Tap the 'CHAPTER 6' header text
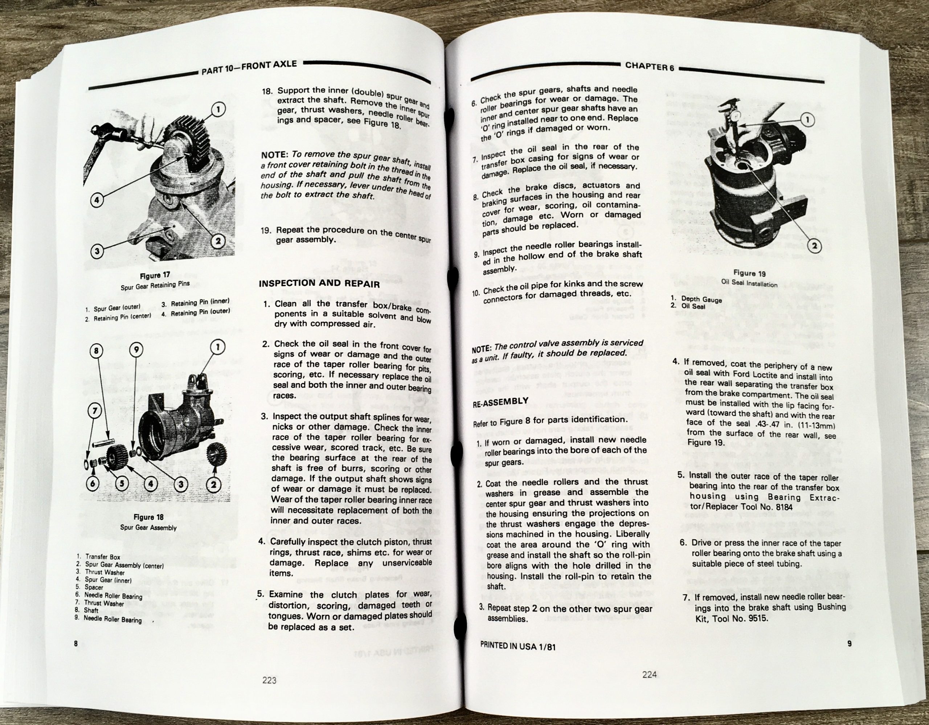coord(649,66)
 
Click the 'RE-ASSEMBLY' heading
coord(501,402)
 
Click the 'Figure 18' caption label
coord(149,517)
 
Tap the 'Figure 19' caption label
coord(749,273)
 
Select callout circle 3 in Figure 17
coord(97,251)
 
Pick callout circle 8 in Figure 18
coord(97,351)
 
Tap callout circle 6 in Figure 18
coord(93,483)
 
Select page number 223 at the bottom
coord(269,680)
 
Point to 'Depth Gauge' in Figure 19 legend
coord(701,299)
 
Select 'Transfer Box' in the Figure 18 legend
coord(102,557)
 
